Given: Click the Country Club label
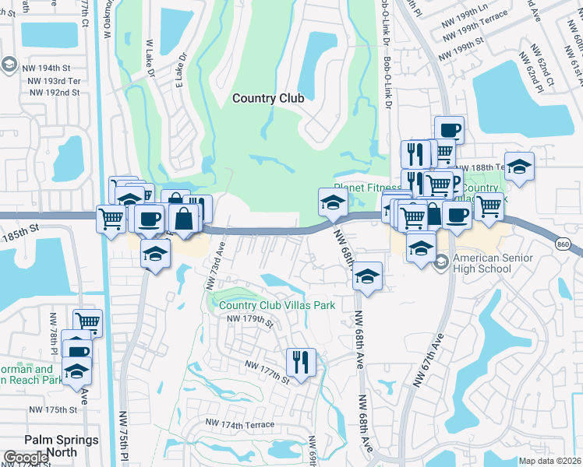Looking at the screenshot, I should pos(268,98).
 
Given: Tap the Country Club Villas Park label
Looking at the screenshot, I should pos(277,305).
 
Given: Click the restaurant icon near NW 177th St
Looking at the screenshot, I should pos(301,360).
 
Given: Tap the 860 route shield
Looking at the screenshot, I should pos(563,244).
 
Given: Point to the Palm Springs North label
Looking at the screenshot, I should pos(62,445).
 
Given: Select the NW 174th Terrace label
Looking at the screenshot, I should pos(240,424).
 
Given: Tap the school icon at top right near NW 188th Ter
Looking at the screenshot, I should pos(519,166).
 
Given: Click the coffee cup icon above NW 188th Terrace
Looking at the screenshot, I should pos(449,129).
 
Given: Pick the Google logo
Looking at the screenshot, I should pos(26,458).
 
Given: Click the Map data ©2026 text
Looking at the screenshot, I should pos(549,461).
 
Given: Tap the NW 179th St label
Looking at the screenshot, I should pos(250,319).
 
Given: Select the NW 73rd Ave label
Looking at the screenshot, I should pos(215,265).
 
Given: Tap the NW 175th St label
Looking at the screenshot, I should pos(53,409).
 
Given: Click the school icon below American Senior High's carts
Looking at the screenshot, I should pos(422,248).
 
